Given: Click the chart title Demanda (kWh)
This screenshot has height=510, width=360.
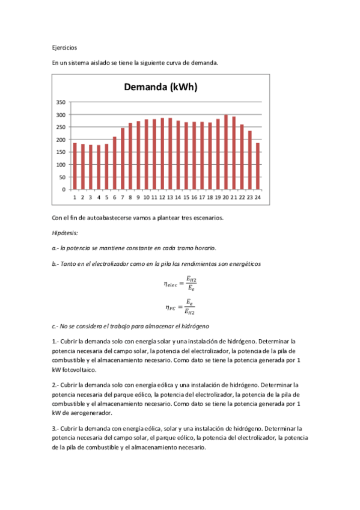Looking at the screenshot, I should pyautogui.click(x=160, y=87).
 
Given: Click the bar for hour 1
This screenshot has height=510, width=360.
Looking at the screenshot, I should pyautogui.click(x=75, y=166).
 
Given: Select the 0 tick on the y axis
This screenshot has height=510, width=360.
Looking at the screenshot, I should pyautogui.click(x=64, y=189).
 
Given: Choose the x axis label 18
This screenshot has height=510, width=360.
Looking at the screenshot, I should pyautogui.click(x=210, y=197).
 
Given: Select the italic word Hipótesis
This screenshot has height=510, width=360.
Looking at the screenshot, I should pyautogui.click(x=66, y=233).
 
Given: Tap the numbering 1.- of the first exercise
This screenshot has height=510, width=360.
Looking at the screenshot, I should pyautogui.click(x=56, y=342).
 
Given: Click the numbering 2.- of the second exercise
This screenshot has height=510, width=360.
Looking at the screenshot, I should pyautogui.click(x=56, y=384).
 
